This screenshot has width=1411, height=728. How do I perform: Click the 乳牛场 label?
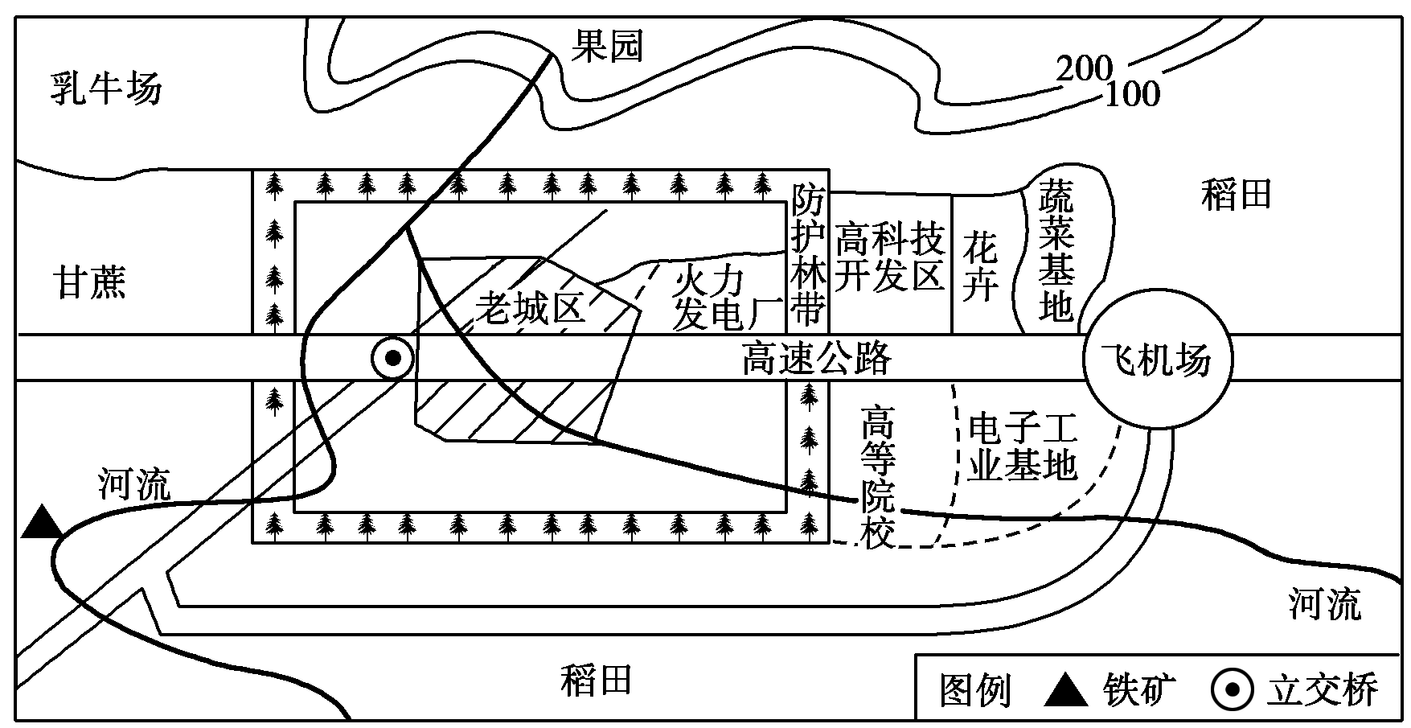tap(105, 88)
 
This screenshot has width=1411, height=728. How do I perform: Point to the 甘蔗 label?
tap(90, 283)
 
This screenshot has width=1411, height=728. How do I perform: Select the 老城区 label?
tap(530, 307)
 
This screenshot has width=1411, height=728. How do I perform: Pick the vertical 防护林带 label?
tap(808, 253)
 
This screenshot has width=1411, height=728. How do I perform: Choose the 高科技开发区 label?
tap(889, 257)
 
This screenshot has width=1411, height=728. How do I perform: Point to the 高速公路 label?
tap(816, 359)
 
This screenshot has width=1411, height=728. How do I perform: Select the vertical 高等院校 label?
tap(878, 476)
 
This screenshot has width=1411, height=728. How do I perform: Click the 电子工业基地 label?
tap(1022, 446)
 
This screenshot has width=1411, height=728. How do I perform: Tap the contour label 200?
tap(1083, 69)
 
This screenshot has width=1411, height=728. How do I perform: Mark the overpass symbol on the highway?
tap(392, 358)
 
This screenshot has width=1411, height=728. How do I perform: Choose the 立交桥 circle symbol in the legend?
tap(1233, 690)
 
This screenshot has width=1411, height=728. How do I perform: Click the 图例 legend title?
tap(975, 690)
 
